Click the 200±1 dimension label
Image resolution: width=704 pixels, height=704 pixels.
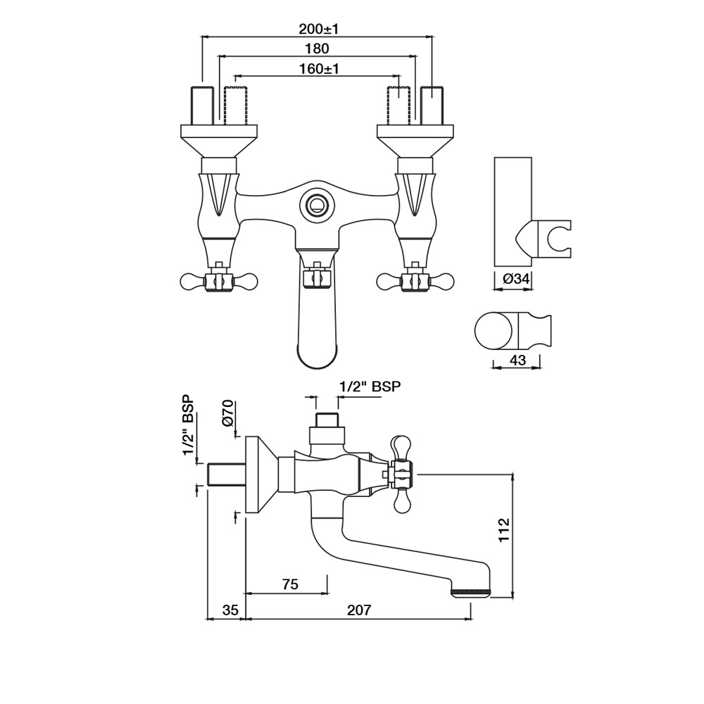tap(318, 29)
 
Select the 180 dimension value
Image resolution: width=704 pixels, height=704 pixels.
tap(317, 49)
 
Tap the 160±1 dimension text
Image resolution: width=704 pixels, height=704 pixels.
tap(319, 69)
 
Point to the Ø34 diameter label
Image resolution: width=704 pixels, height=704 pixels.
tap(516, 279)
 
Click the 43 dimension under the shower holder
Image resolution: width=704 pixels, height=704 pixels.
tap(517, 360)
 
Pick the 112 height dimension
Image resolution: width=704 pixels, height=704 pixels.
tap(504, 530)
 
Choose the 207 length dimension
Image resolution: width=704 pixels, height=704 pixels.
tap(359, 610)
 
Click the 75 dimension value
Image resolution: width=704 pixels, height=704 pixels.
tap(291, 584)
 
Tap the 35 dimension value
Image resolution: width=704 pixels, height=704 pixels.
tap(230, 610)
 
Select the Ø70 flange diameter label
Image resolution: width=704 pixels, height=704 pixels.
tap(228, 413)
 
